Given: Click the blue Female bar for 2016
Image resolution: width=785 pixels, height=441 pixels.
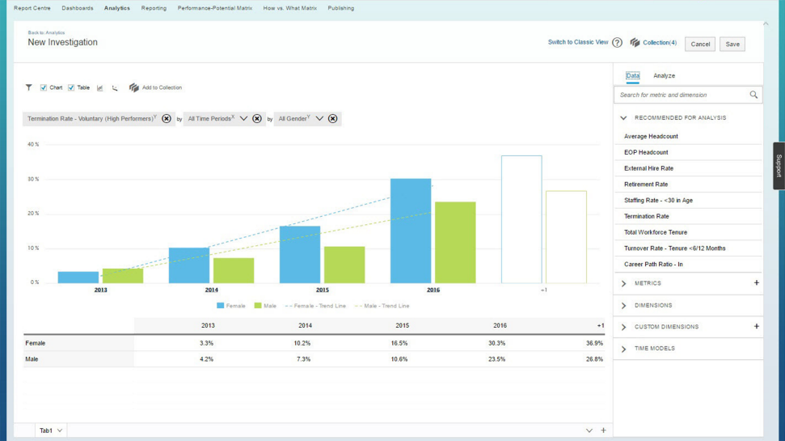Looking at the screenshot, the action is [411, 231].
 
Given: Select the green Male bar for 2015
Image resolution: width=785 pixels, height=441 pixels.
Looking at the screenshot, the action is [344, 265].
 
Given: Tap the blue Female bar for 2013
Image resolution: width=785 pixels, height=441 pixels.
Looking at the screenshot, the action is [78, 277].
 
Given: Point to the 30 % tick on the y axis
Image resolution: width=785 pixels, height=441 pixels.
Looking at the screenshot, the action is [33, 179].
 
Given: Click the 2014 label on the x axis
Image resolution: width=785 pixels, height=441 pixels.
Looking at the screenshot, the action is [211, 290].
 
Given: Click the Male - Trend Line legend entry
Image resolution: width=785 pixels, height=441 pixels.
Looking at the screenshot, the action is [382, 306].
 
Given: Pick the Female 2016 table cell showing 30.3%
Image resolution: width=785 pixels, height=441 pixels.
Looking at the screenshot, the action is [497, 343].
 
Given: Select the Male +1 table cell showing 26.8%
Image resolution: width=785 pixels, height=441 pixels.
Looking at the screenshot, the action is [595, 359].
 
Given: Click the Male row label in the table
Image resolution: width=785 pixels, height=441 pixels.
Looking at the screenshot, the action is [32, 359].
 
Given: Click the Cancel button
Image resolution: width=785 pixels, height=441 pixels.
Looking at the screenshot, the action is [700, 44].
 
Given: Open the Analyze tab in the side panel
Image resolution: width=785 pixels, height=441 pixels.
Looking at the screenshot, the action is [664, 76].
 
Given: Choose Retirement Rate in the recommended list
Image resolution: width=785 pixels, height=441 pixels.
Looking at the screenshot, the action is [646, 184].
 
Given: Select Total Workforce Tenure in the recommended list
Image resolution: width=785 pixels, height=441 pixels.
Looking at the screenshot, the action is [656, 232].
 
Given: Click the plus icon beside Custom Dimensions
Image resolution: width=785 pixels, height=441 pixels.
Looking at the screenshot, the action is [757, 326].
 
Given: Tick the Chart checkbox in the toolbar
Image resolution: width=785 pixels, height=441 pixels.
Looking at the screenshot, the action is [44, 87].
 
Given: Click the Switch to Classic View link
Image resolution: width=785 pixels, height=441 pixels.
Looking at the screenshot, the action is [578, 42].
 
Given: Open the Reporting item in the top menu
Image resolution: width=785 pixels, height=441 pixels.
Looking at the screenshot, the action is [154, 8].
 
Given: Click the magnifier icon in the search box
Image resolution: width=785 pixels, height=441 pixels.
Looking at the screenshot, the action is [753, 95].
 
